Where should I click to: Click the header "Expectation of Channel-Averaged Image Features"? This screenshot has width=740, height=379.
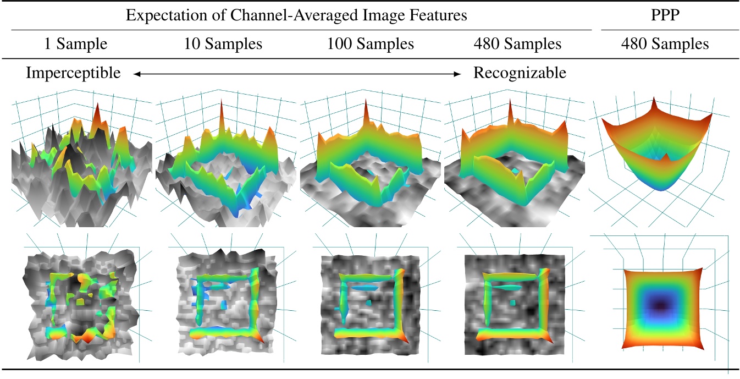(x=296, y=15)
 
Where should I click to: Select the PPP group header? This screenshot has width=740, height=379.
(x=665, y=15)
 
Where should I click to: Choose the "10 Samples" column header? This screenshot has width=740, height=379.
(x=223, y=44)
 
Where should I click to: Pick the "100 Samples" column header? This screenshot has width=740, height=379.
(x=370, y=44)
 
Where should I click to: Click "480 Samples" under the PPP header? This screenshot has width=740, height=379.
(x=665, y=44)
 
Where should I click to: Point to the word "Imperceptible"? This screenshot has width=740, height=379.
(x=73, y=73)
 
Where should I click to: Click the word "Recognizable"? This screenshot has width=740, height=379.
(x=520, y=73)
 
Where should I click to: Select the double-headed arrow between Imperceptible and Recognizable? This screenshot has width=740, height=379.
(x=297, y=74)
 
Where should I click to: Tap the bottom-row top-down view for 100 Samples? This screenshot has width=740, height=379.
(x=369, y=300)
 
